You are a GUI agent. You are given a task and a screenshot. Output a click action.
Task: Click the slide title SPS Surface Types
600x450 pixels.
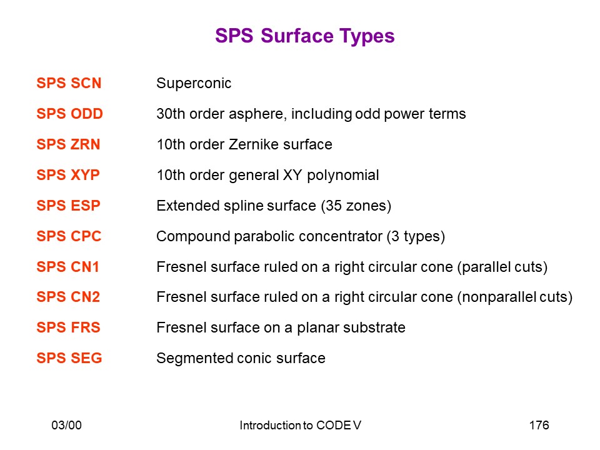[x=304, y=36]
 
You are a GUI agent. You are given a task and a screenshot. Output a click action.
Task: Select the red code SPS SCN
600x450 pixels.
[x=69, y=83]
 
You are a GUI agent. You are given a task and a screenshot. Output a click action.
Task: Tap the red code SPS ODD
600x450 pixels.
[x=69, y=114]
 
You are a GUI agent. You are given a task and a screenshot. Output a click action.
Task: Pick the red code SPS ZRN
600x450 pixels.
[x=68, y=144]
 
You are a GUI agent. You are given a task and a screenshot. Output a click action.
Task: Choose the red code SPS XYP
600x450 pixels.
[x=68, y=175]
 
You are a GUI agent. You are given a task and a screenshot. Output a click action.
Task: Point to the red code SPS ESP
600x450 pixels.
[x=69, y=206]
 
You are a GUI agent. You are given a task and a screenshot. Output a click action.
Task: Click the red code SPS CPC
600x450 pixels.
[x=69, y=236]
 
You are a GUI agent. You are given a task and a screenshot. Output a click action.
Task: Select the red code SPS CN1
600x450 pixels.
[x=67, y=267]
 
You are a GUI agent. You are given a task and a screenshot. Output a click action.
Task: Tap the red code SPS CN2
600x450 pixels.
[x=68, y=297]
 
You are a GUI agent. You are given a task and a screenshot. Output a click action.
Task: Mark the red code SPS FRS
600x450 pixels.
[x=69, y=327]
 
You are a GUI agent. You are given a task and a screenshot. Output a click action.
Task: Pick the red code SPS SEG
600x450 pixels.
[x=69, y=358]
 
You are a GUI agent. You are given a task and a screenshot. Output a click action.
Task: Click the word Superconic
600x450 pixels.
[x=194, y=83]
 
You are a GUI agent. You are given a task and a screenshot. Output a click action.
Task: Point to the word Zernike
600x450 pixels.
[x=254, y=144]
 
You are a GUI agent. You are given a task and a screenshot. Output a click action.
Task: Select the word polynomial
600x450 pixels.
[x=343, y=176]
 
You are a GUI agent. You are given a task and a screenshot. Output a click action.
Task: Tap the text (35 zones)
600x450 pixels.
[x=356, y=206]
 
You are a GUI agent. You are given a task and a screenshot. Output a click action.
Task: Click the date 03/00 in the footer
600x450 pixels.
[x=67, y=425]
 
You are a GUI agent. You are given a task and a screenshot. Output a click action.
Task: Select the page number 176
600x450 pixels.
[x=539, y=425]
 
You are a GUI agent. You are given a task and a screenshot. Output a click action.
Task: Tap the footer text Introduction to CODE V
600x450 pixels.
[x=301, y=425]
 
